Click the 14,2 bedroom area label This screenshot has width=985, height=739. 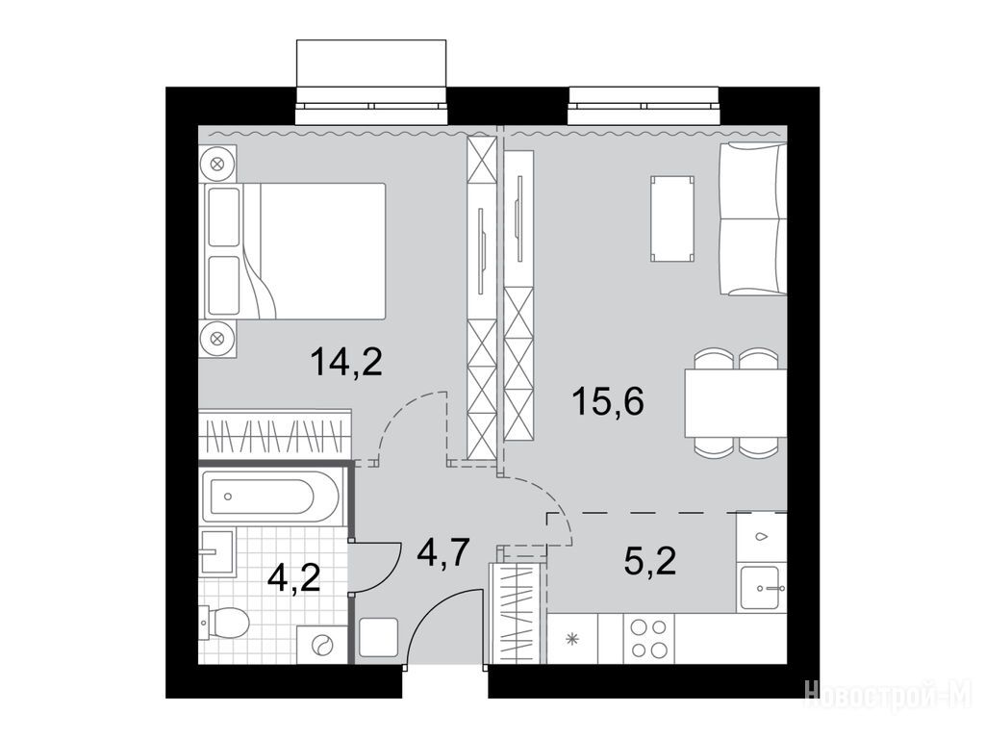(346, 363)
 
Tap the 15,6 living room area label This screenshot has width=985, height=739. (608, 401)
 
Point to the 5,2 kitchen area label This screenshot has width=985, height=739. (650, 561)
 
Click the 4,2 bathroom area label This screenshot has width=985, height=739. (293, 577)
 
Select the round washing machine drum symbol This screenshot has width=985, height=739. (323, 646)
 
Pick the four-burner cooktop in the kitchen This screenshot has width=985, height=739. (648, 639)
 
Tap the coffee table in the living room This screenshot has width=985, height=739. (672, 218)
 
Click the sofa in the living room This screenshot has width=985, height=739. (752, 218)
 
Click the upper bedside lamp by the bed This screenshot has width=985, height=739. (217, 165)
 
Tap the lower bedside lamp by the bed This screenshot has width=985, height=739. (217, 339)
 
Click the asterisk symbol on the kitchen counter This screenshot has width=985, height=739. (571, 640)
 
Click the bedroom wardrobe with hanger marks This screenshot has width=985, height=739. (274, 434)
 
